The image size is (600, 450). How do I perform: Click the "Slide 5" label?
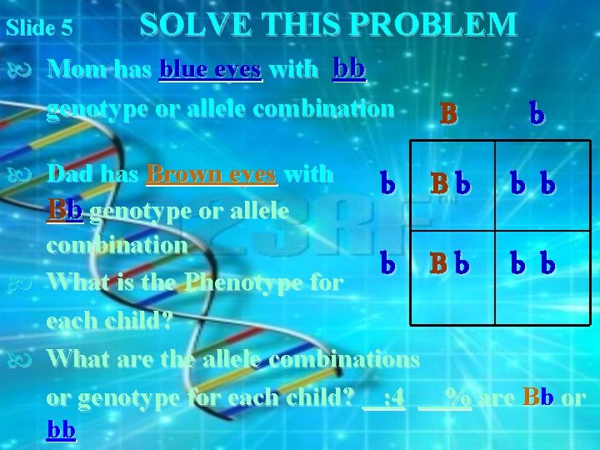pyautogui.click(x=38, y=27)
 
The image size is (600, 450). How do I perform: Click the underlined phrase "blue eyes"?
pyautogui.click(x=211, y=69)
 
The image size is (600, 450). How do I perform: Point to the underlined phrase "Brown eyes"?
pyautogui.click(x=212, y=174)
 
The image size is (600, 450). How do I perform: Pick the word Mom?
pyautogui.click(x=77, y=69)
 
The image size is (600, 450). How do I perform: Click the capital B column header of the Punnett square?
pyautogui.click(x=448, y=113)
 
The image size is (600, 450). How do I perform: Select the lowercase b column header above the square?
pyautogui.click(x=536, y=113)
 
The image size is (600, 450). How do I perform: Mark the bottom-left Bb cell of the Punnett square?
pyautogui.click(x=451, y=265)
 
